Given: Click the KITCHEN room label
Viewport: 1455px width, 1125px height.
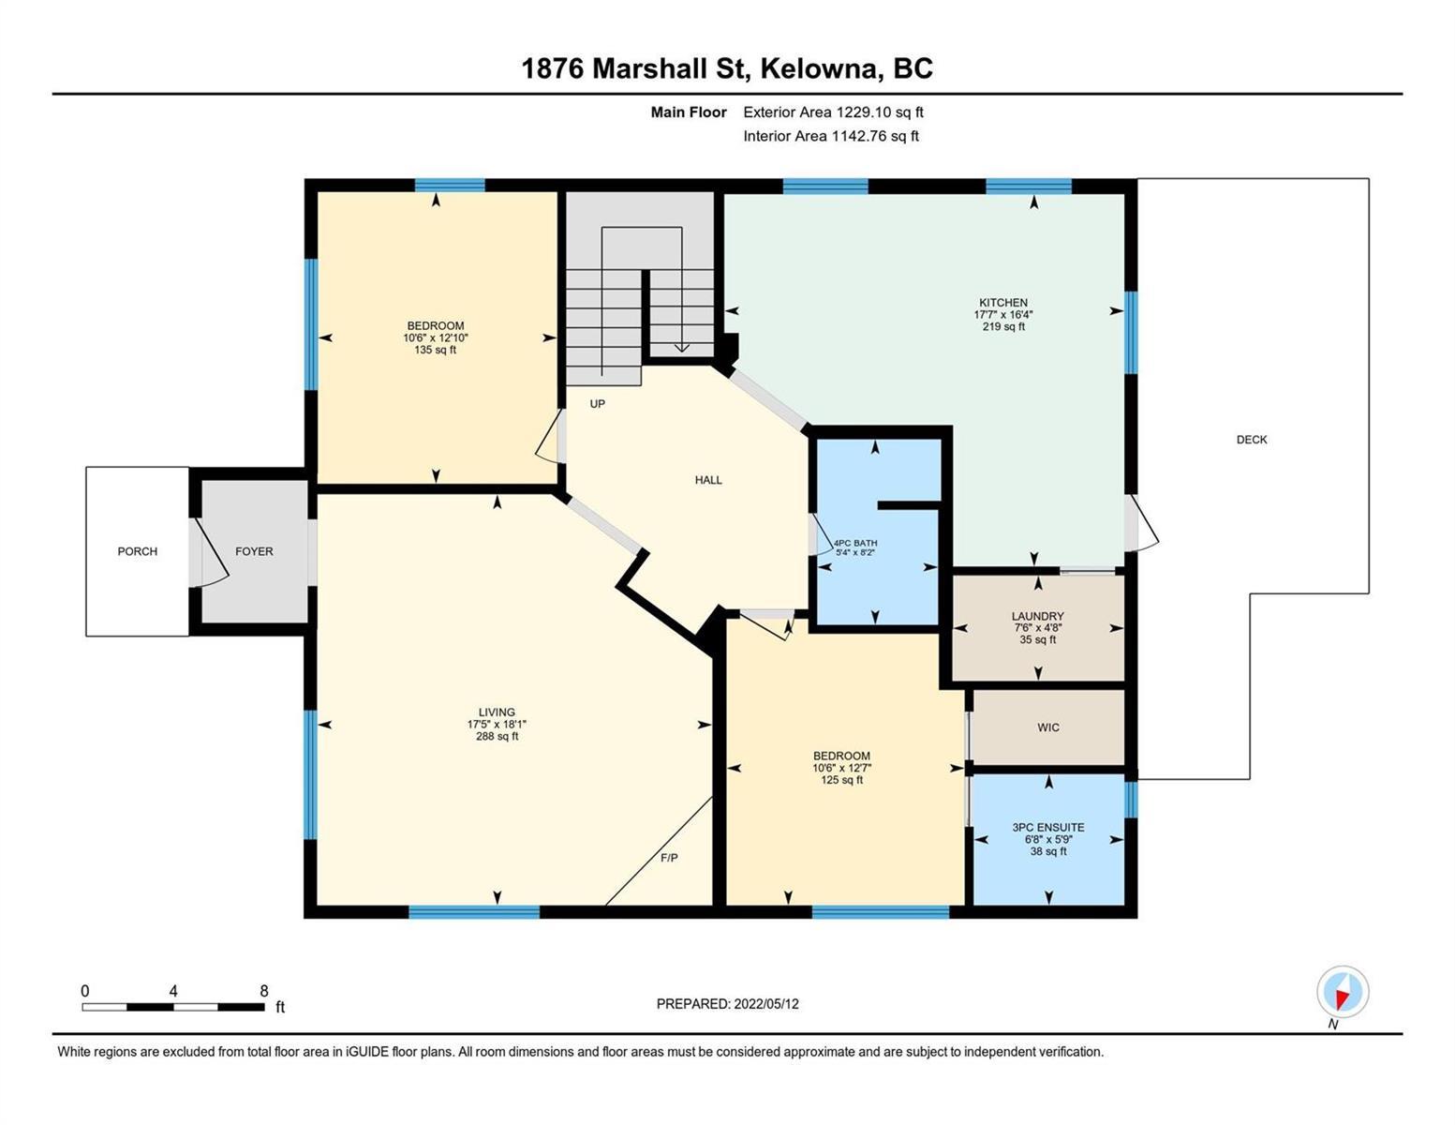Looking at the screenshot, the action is (1003, 302).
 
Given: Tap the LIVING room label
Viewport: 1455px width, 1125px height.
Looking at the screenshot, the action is (497, 712).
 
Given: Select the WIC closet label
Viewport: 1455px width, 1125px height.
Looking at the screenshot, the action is (1048, 727).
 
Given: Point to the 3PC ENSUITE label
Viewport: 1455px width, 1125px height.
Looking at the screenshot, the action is (1048, 828).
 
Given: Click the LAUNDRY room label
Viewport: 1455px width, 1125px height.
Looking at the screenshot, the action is (1038, 616).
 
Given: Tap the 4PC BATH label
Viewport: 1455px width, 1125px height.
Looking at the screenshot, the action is (855, 543).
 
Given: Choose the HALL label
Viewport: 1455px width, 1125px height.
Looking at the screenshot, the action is (708, 480).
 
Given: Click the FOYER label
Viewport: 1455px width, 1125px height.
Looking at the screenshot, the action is (255, 551).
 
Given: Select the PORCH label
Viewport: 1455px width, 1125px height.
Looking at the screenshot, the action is (138, 551).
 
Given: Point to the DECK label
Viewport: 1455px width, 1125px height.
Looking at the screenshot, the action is (1252, 440).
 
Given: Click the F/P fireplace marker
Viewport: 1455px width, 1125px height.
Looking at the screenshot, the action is (669, 858).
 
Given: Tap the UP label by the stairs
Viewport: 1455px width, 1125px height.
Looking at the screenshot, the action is (597, 403).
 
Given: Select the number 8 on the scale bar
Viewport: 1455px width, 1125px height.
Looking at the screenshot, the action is (264, 991).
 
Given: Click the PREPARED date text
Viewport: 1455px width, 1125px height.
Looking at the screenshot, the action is (728, 1004).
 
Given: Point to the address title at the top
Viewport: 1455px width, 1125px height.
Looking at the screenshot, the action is (727, 68).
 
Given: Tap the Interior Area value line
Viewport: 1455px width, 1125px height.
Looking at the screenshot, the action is (831, 136).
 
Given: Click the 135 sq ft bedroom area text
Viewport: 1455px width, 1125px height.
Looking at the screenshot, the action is (436, 350).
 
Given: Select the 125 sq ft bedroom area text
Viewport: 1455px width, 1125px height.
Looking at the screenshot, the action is (841, 780).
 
